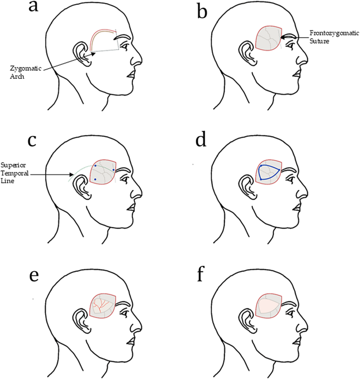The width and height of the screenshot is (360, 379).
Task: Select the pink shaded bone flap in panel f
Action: click(x=266, y=304)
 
